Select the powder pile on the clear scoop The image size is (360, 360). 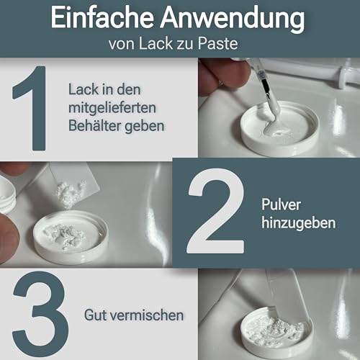72,192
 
